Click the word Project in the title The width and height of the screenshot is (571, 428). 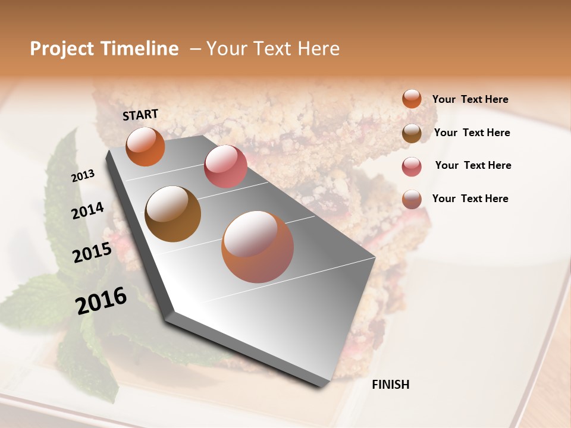(x=61, y=49)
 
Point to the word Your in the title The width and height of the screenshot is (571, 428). (x=225, y=49)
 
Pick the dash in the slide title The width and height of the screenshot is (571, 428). (x=194, y=49)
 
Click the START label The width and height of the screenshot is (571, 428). (x=140, y=115)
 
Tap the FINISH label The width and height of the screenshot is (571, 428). (x=390, y=385)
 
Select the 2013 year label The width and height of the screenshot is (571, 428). (x=83, y=175)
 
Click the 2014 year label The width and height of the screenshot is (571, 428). (x=87, y=210)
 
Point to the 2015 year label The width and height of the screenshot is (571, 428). (x=92, y=253)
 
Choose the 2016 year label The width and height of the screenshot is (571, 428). (x=101, y=300)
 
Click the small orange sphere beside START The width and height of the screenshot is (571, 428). (x=145, y=147)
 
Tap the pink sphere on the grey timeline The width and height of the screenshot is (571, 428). (x=225, y=166)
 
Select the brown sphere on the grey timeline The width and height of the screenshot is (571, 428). (x=172, y=214)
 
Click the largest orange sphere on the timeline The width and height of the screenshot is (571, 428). (x=258, y=247)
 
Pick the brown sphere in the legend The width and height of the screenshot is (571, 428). (x=412, y=133)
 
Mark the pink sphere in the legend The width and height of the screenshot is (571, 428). (x=412, y=166)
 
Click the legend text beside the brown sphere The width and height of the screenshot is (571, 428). (x=472, y=133)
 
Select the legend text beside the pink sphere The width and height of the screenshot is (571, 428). (x=473, y=165)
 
